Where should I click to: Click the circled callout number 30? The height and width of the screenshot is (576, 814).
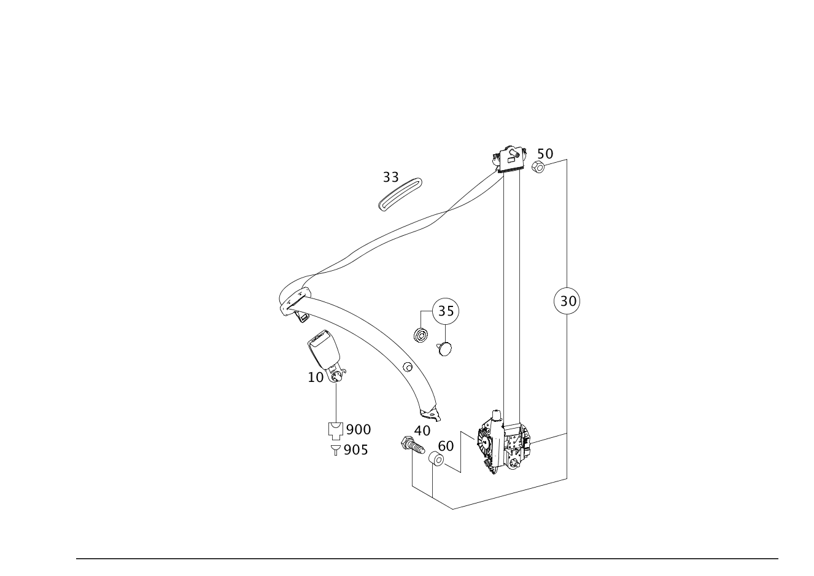[566, 301]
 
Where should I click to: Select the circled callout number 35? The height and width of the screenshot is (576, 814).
[445, 311]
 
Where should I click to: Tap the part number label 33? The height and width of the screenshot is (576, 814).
[390, 177]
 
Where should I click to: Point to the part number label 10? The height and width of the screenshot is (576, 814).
[316, 377]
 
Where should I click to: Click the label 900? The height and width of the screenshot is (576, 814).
[359, 429]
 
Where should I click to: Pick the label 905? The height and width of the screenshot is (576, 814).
[355, 450]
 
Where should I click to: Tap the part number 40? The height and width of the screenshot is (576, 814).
[422, 430]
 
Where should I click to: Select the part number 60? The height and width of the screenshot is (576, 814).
[446, 446]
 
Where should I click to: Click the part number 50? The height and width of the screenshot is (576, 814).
[545, 154]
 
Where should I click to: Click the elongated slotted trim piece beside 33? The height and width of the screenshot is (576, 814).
[400, 194]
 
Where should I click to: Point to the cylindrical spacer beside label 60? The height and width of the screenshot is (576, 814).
[436, 458]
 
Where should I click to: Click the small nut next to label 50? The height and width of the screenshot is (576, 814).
[539, 166]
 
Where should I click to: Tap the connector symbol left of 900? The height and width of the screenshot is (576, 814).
[335, 430]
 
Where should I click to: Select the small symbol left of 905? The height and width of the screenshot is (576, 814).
[335, 451]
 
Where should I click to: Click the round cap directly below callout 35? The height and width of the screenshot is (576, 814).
[444, 349]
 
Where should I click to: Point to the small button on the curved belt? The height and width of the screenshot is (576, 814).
[406, 367]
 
